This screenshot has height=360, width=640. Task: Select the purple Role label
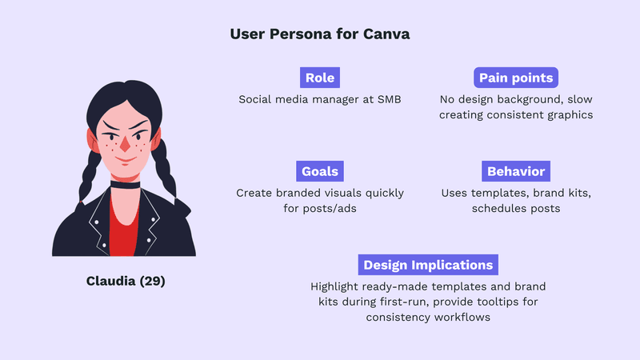pos(320,78)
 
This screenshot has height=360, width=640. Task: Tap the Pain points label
pos(516,78)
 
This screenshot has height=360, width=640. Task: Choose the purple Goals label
pos(319,171)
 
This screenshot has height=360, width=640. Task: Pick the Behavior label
pos(516,171)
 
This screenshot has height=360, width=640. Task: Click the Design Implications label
pos(429,265)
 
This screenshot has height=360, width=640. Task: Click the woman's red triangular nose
pos(125,145)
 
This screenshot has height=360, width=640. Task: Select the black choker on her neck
pos(125,184)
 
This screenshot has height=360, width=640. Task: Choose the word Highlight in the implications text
pos(337,286)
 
